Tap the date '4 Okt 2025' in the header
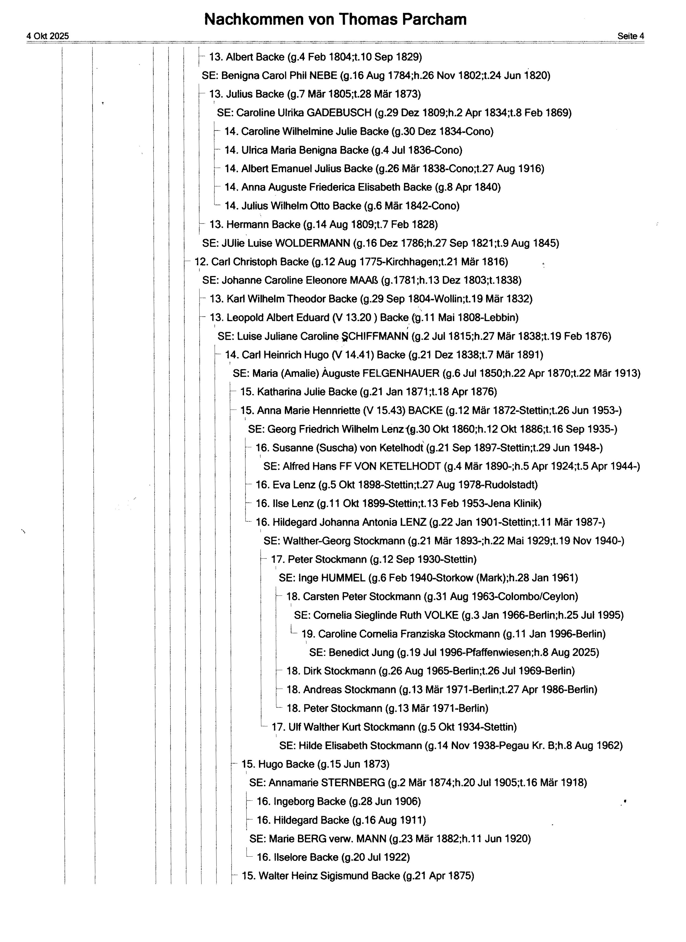(48, 36)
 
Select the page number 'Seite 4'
(630, 36)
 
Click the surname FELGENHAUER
(401, 373)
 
